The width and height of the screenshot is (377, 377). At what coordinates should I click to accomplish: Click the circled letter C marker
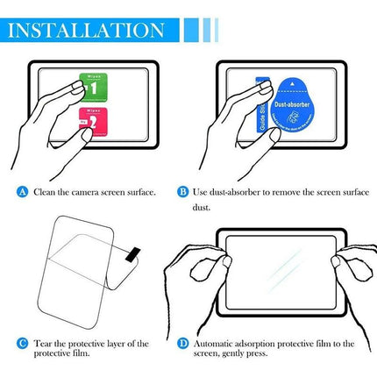[x=23, y=344]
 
